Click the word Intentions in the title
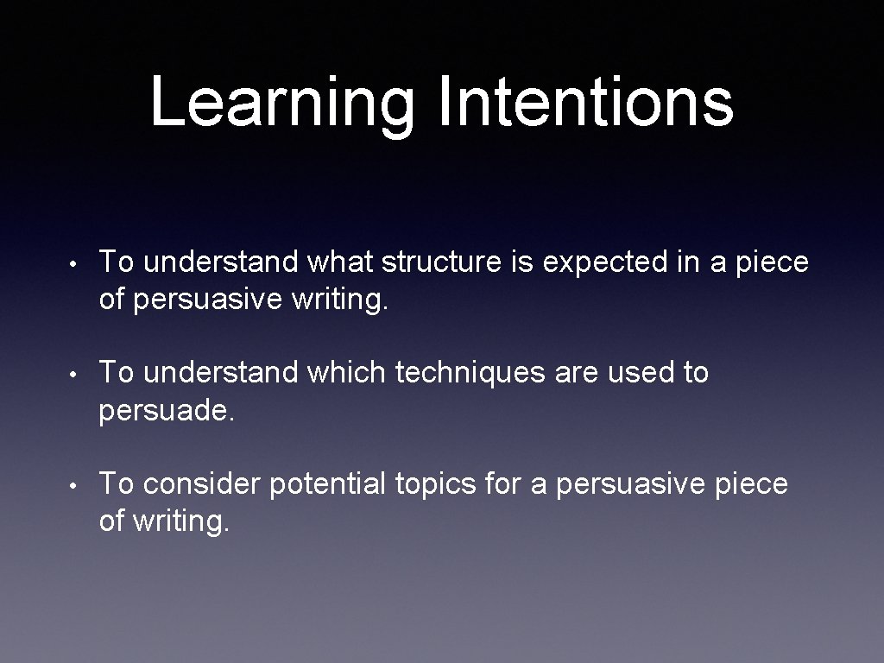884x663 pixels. click(585, 101)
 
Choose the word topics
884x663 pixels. click(435, 485)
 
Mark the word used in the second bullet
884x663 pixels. click(636, 373)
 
